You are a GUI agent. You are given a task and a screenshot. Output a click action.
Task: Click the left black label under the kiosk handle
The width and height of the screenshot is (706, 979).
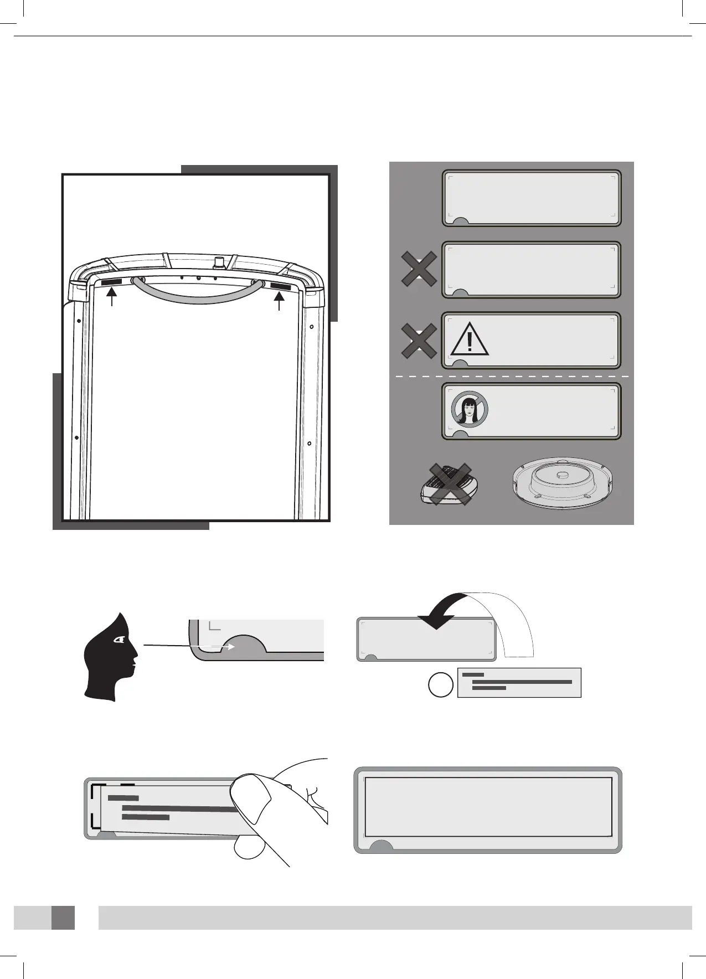point(112,283)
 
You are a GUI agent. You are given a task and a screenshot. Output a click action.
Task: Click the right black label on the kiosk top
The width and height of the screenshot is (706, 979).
point(280,286)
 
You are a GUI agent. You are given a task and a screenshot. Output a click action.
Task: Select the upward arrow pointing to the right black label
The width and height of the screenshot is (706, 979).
point(280,302)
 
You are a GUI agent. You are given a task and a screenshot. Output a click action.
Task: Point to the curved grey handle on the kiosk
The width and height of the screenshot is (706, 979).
point(197,296)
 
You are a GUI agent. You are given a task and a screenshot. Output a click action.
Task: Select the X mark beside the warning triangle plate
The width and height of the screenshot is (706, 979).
point(419,341)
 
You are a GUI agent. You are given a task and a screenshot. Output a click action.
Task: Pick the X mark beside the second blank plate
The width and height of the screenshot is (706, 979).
point(419,269)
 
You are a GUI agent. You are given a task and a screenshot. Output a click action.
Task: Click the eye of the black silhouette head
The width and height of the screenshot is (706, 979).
point(119,640)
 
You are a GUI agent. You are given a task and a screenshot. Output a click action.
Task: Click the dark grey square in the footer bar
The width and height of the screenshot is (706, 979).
point(63,918)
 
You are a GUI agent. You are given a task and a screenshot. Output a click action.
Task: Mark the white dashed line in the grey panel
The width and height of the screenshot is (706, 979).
point(512,377)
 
